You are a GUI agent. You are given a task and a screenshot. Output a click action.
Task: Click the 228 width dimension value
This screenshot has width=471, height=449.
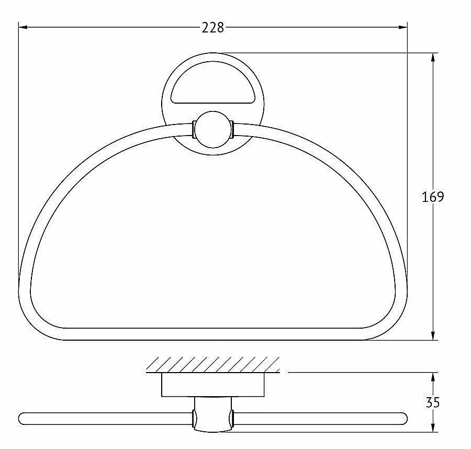coord(212,28)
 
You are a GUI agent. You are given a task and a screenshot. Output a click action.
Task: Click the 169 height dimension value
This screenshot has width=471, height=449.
coord(433,197)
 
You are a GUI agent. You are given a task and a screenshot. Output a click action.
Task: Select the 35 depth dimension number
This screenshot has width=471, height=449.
coord(433,402)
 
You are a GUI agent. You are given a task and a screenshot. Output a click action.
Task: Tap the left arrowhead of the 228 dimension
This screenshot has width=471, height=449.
coord(23,27)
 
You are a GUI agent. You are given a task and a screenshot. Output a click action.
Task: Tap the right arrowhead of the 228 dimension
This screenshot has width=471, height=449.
coord(403,27)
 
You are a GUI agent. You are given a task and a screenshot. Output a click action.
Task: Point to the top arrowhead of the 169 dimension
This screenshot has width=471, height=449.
coord(433,58)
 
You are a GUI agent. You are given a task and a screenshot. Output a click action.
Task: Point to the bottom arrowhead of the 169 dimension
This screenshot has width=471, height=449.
coord(433,335)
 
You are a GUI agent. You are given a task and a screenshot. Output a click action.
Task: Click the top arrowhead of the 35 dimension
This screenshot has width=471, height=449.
coord(433,377)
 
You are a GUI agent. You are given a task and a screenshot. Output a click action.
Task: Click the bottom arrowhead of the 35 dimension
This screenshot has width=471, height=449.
coord(433,428)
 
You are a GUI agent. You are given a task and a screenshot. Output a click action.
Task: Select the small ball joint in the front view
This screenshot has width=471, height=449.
coord(213,129)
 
